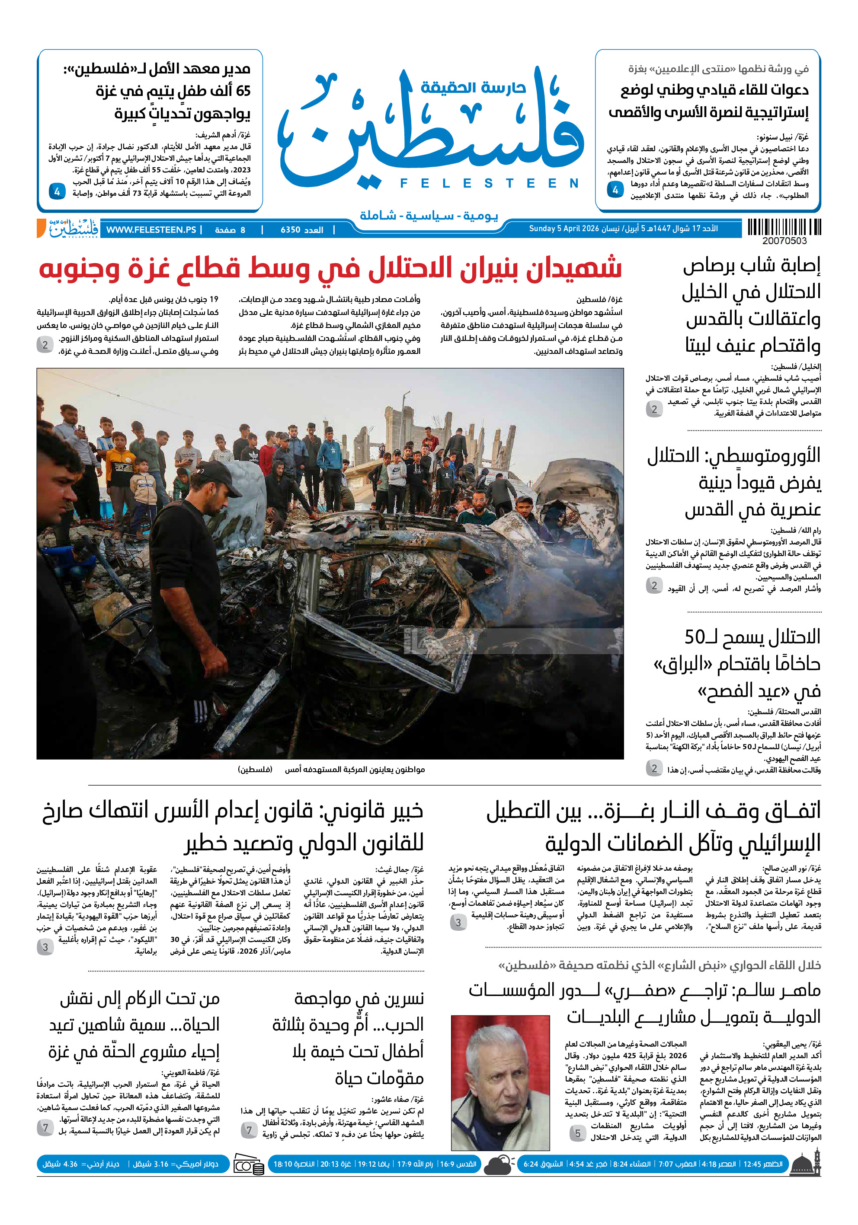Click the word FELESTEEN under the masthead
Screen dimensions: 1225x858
click(489, 184)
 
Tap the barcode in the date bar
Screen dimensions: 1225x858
click(783, 227)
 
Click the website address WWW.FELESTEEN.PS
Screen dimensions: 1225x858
click(151, 230)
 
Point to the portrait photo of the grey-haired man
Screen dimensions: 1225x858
click(500, 1082)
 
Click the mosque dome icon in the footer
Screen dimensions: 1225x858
click(805, 1164)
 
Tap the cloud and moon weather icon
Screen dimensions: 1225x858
click(499, 1165)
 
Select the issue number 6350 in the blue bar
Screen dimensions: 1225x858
click(291, 230)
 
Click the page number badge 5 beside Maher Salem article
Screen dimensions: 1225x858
click(577, 1133)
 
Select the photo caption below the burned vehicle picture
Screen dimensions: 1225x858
click(331, 770)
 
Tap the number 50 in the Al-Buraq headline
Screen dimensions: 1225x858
click(695, 636)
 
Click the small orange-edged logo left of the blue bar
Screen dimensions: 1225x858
click(68, 228)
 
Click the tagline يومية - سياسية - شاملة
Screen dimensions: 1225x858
click(428, 216)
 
